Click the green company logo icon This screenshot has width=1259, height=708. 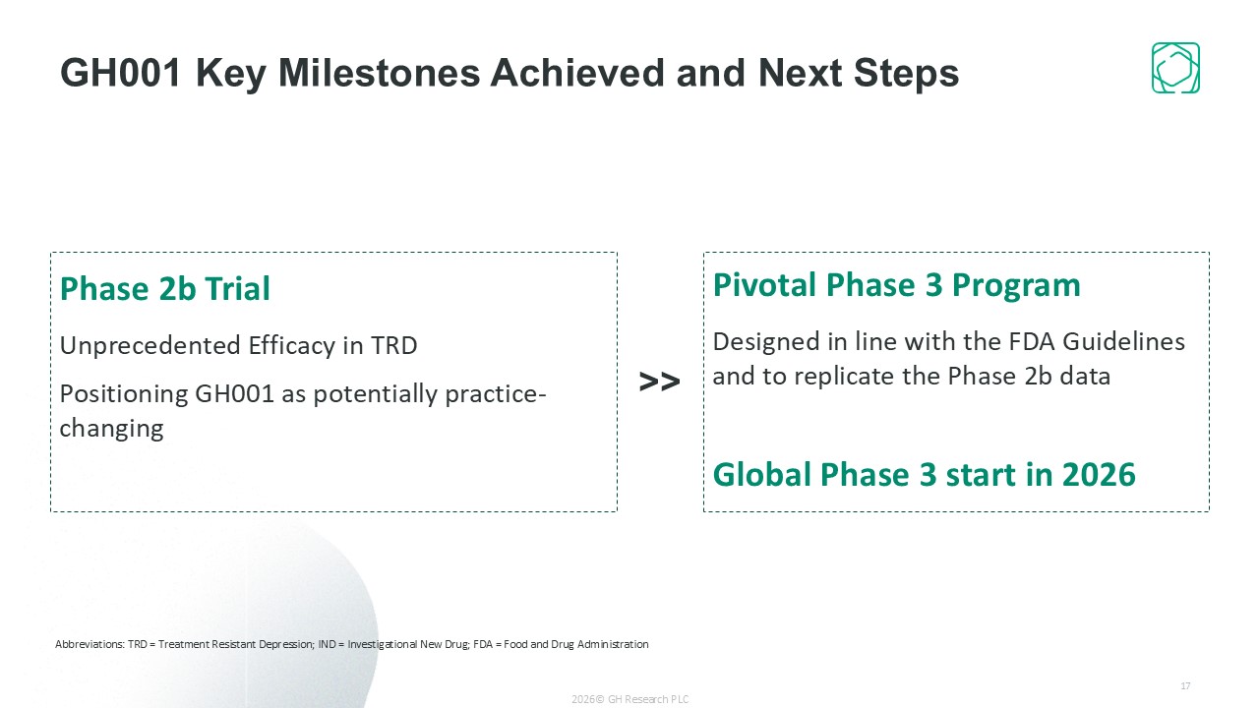click(x=1175, y=68)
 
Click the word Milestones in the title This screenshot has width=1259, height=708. click(x=380, y=73)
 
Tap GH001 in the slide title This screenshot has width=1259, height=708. click(x=121, y=73)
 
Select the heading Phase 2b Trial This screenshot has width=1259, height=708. click(x=164, y=288)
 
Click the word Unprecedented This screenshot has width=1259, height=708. click(x=150, y=345)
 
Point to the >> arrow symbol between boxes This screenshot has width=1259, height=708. click(x=659, y=382)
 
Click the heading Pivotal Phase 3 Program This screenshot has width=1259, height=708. click(x=896, y=285)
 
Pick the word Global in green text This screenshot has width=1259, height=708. click(x=762, y=474)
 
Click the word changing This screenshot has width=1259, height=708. click(x=111, y=429)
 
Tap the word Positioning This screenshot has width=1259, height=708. click(x=124, y=394)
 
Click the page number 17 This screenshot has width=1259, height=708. click(x=1185, y=685)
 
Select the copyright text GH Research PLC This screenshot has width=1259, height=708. click(x=648, y=699)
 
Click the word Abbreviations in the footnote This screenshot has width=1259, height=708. click(x=90, y=644)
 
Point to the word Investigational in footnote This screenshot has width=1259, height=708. click(x=383, y=644)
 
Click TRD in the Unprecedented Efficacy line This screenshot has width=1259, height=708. click(x=394, y=345)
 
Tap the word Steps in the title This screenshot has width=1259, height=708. click(x=906, y=74)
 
